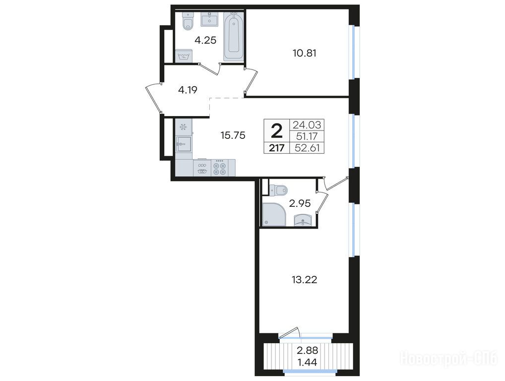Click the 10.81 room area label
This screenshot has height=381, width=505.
pyautogui.click(x=305, y=53)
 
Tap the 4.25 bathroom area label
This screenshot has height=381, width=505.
pyautogui.click(x=205, y=40)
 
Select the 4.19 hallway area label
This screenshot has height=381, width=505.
pyautogui.click(x=188, y=90)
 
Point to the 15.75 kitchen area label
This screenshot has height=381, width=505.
pyautogui.click(x=233, y=135)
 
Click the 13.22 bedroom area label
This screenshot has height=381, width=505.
pyautogui.click(x=305, y=280)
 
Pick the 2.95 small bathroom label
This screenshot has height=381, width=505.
pyautogui.click(x=300, y=203)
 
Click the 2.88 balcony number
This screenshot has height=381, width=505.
pyautogui.click(x=307, y=350)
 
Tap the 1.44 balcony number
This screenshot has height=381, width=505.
pyautogui.click(x=307, y=362)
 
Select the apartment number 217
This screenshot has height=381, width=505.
pyautogui.click(x=277, y=148)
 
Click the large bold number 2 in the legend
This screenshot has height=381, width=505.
pyautogui.click(x=277, y=131)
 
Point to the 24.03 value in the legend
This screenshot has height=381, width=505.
pyautogui.click(x=307, y=125)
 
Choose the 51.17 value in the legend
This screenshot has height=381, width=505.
pyautogui.click(x=307, y=136)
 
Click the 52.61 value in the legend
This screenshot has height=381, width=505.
pyautogui.click(x=307, y=148)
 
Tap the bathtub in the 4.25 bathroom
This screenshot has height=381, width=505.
pyautogui.click(x=234, y=35)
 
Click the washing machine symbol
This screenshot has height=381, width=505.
pyautogui.click(x=184, y=56)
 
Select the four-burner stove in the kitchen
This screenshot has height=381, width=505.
pyautogui.click(x=220, y=168)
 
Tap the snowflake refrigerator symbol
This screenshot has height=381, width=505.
pyautogui.click(x=184, y=127)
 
